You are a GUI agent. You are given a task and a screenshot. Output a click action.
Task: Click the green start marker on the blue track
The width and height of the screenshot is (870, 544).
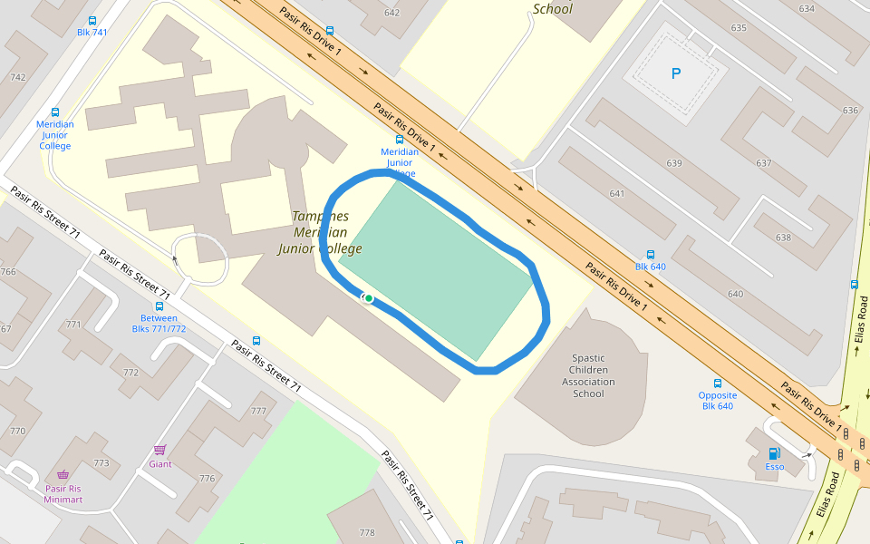point(369,298)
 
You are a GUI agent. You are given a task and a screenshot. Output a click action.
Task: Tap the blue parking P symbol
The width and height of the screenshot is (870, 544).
point(675,73)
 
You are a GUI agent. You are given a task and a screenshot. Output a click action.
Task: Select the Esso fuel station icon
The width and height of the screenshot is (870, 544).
point(774,453)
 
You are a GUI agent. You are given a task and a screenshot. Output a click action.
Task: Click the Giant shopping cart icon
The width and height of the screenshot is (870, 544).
point(160,450)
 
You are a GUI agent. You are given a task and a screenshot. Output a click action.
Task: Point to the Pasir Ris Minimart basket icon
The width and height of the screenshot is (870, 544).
point(63,474)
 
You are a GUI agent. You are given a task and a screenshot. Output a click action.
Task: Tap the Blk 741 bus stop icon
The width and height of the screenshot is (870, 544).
point(92,20)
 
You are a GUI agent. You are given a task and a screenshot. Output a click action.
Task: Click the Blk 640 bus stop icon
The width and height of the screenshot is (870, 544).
point(650,254)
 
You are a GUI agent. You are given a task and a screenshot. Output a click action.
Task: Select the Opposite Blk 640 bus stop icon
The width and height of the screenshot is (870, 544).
point(718,383)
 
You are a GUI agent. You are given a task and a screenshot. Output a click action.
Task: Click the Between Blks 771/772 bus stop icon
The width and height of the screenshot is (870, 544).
point(159,306)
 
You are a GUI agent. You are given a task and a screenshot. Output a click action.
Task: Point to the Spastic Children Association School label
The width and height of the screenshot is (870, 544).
point(588,375)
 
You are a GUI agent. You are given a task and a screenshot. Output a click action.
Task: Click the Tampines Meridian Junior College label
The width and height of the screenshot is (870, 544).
point(320,232)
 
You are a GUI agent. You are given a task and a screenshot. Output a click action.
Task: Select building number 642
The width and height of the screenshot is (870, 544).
point(391,13)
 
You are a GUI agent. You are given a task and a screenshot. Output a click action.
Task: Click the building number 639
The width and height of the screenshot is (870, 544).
point(673,163)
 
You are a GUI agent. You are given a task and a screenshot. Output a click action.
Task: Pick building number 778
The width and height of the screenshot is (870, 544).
point(367,532)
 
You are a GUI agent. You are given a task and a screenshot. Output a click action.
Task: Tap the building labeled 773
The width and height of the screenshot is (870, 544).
point(101,463)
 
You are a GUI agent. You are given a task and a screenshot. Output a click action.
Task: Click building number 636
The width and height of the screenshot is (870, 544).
point(849,111)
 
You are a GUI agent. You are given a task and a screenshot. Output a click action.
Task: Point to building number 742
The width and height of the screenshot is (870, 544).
point(17,77)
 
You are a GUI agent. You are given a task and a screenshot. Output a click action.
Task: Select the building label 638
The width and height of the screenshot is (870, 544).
point(783,238)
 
